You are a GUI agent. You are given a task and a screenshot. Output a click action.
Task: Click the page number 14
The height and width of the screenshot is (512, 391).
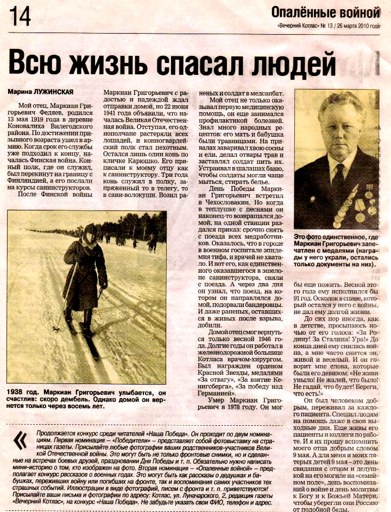20,16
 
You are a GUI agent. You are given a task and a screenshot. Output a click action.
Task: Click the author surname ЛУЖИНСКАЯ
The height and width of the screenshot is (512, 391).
53,91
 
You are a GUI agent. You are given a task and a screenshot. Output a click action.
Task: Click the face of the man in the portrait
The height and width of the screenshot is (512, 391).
339,125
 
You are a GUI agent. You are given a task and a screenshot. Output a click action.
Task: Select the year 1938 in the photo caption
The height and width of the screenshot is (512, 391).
18,391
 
